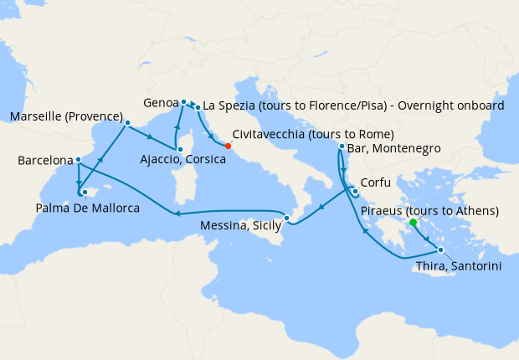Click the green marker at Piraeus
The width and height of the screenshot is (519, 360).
click(414, 223)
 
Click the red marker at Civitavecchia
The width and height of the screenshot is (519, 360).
click(229, 146)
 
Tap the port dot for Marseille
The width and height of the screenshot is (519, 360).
click(126, 122)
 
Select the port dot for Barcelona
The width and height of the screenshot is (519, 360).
click(78, 159)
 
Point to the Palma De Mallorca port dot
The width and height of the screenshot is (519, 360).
click(85, 192)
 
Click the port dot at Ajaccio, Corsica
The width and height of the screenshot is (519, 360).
click(178, 148)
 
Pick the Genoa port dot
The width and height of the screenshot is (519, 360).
click(183, 102)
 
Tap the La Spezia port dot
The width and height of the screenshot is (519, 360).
click(198, 107)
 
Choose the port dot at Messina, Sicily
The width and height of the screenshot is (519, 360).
click(287, 219)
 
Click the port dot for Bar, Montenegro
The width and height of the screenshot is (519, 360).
click(342, 147)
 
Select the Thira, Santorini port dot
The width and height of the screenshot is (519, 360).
click(440, 250)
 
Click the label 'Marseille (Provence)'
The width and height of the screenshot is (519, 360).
click(65, 116)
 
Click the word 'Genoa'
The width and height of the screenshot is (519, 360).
click(159, 103)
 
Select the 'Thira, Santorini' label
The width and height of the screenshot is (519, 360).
click(459, 265)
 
